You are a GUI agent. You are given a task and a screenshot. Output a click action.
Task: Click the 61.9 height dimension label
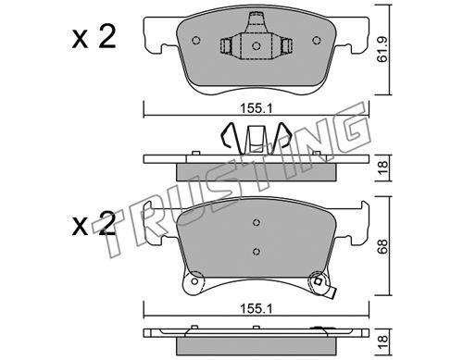tap(382, 50)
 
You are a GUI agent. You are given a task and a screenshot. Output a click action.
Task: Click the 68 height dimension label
tap(382, 247)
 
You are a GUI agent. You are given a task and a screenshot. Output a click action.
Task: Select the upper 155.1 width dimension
tap(256, 108)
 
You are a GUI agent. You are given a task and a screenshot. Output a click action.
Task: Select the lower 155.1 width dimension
tap(256, 308)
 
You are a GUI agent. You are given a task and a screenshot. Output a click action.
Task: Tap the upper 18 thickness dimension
tap(382, 168)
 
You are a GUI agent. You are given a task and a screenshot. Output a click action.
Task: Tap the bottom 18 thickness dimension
tap(382, 342)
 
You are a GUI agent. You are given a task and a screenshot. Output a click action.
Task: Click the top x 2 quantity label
tap(94, 37)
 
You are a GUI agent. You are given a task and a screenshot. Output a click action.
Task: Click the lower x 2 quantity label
tap(94, 224)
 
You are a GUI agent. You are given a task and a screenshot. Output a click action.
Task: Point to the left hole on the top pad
tap(196, 41)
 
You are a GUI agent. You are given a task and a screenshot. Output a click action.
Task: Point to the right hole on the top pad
tap(316, 41)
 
